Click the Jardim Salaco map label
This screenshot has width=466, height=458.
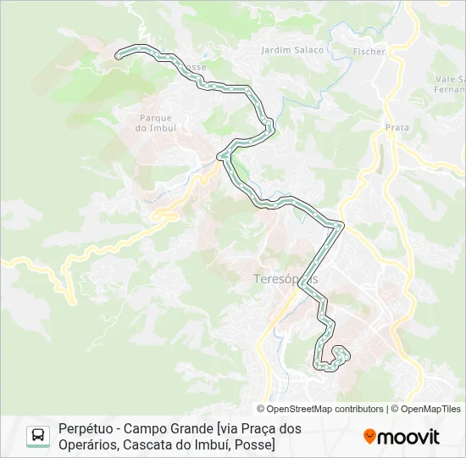pyautogui.click(x=293, y=50)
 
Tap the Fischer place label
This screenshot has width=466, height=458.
pyautogui.click(x=370, y=52)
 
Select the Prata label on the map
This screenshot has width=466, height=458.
pyautogui.click(x=397, y=128)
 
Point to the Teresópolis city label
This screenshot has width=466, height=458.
pyautogui.click(x=286, y=278)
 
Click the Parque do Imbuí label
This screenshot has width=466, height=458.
pyautogui.click(x=155, y=123)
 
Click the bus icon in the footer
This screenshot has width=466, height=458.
pyautogui.click(x=38, y=436)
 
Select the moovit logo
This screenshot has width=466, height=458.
pyautogui.click(x=402, y=437)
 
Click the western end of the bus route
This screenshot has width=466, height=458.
pyautogui.click(x=119, y=55)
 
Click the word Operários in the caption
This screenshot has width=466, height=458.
pyautogui.click(x=86, y=444)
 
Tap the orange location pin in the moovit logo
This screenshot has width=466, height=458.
pyautogui.click(x=369, y=437)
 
